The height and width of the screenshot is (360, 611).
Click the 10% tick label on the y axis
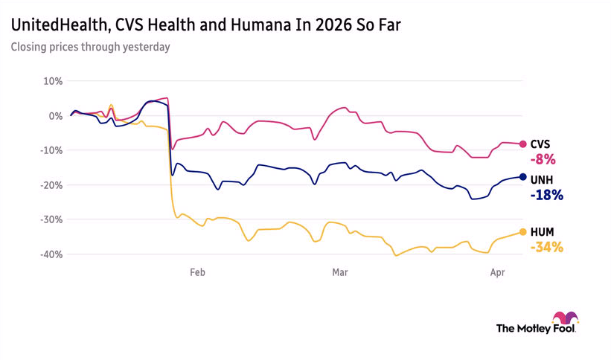pos(52,81)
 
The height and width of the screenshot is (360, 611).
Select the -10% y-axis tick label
pos(51,150)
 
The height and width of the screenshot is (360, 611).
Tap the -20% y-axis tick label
pos(51,185)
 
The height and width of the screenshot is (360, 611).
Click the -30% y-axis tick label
pos(51,219)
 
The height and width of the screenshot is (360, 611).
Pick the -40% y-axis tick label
pos(51,254)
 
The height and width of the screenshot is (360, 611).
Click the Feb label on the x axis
pos(197,273)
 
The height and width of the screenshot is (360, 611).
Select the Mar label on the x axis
pos(340,273)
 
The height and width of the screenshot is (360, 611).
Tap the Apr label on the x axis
pos(498,273)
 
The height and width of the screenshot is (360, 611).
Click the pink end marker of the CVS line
pos(523,144)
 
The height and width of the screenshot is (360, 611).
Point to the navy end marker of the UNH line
pos(523,177)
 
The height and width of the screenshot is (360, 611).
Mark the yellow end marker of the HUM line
pos(523,232)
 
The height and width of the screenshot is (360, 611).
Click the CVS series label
pos(541,144)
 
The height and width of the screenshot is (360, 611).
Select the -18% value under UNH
pos(546,196)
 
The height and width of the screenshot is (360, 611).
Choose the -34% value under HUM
pos(546,248)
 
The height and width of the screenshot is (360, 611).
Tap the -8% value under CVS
pos(543,159)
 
